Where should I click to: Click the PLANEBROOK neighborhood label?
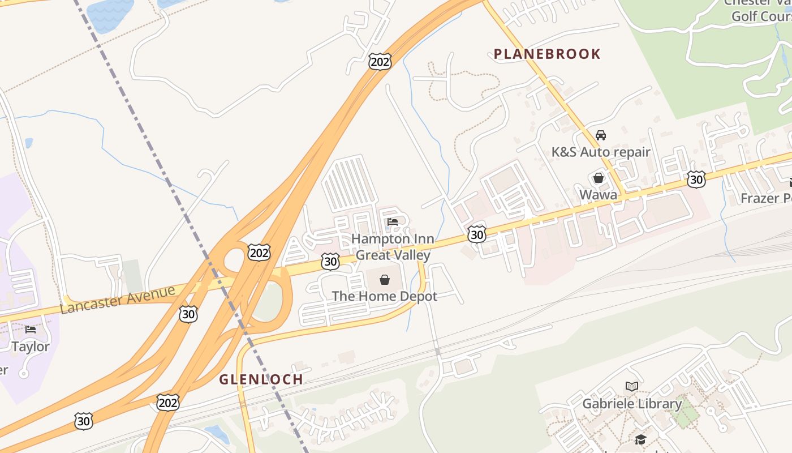(x=547, y=54)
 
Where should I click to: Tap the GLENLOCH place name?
(x=261, y=379)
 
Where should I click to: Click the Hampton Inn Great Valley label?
(x=393, y=247)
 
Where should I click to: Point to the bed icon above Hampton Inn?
(x=393, y=222)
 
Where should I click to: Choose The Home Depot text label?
(x=385, y=296)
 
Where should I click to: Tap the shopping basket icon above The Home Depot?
(x=385, y=280)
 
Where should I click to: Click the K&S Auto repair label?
(x=601, y=152)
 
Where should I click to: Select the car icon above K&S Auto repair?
(x=601, y=135)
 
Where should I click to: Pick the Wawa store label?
(x=599, y=195)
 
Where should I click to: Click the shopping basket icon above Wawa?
(x=599, y=178)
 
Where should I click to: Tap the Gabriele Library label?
(x=632, y=404)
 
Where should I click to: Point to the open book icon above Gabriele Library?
(x=632, y=387)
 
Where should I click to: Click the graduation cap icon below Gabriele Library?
(x=640, y=439)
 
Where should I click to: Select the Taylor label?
(x=31, y=347)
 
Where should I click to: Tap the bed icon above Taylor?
(x=31, y=329)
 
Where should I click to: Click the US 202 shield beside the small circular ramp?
(x=259, y=253)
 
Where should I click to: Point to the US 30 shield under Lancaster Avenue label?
(x=188, y=314)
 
